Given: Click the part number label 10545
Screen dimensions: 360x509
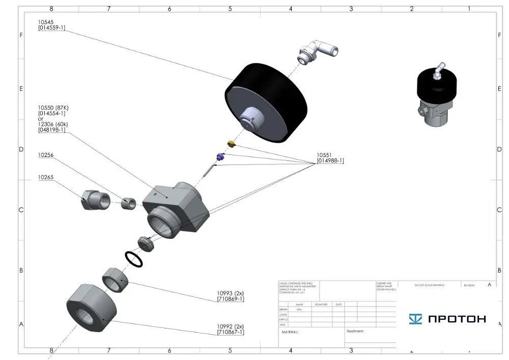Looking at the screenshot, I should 47,22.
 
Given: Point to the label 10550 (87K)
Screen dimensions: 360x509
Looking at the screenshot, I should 53,108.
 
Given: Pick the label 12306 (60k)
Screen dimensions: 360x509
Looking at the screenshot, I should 53,124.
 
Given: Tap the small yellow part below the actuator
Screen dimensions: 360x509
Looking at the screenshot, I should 230,144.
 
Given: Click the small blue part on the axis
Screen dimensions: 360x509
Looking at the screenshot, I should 220,156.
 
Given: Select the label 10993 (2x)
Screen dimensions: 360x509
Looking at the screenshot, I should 230,293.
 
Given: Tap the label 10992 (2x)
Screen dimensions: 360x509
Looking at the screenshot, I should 230,326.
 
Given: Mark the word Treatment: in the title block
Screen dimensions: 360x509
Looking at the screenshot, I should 355,331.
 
